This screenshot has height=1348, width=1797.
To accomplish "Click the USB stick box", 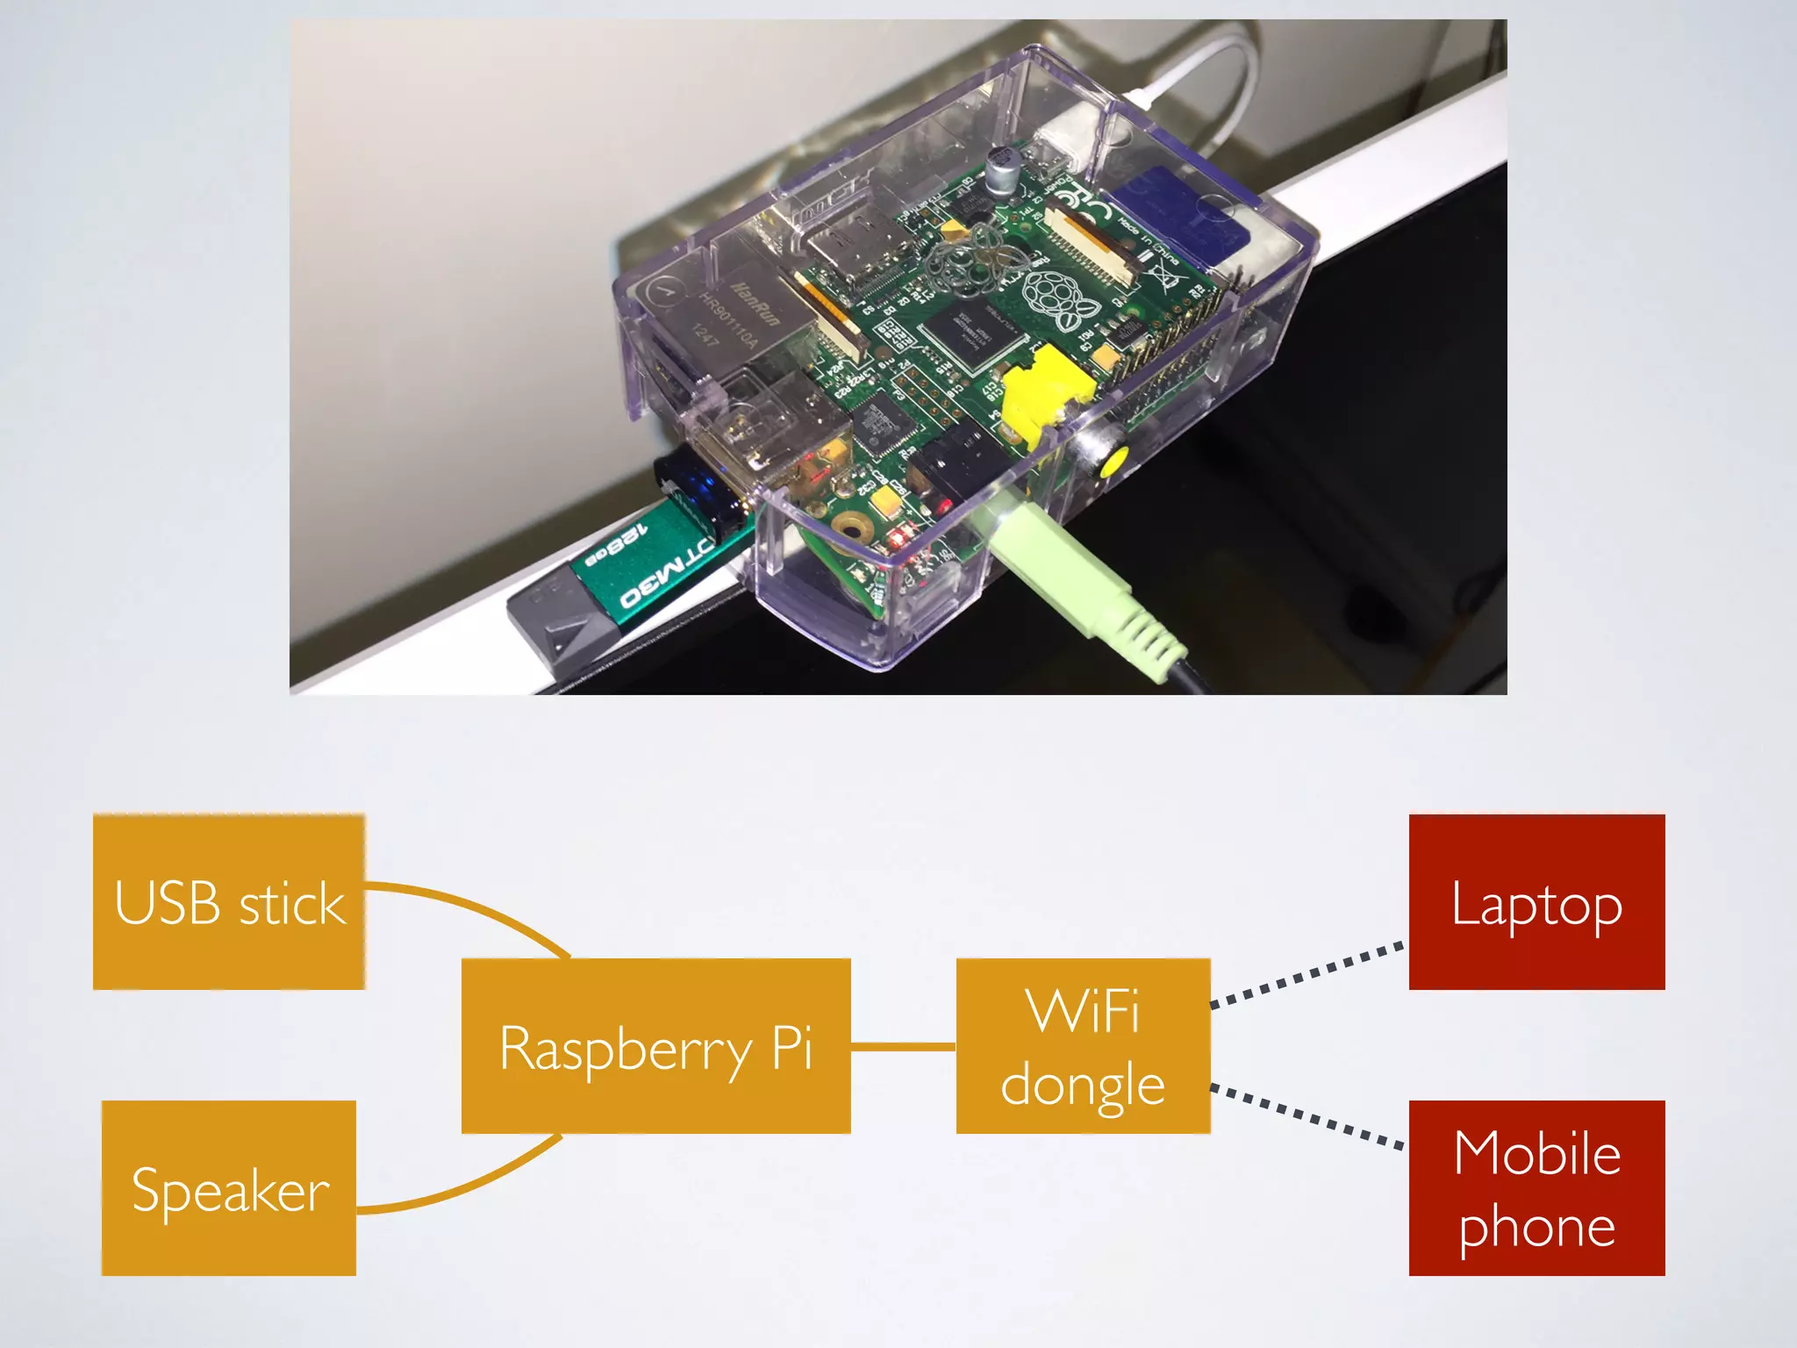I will (x=229, y=901).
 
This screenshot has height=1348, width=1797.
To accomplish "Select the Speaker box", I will (x=229, y=1187).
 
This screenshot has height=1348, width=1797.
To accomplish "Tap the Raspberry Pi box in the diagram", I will (x=655, y=1046).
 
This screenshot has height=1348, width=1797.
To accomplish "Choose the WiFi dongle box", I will (x=1083, y=1046).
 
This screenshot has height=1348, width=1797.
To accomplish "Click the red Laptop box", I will (x=1536, y=901).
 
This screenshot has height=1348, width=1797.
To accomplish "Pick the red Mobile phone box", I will (x=1536, y=1187).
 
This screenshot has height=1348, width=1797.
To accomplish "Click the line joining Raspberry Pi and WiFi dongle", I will (x=903, y=1046).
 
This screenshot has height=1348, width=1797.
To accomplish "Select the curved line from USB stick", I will (x=474, y=904).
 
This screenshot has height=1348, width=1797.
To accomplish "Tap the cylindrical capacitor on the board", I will (x=1000, y=171).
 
